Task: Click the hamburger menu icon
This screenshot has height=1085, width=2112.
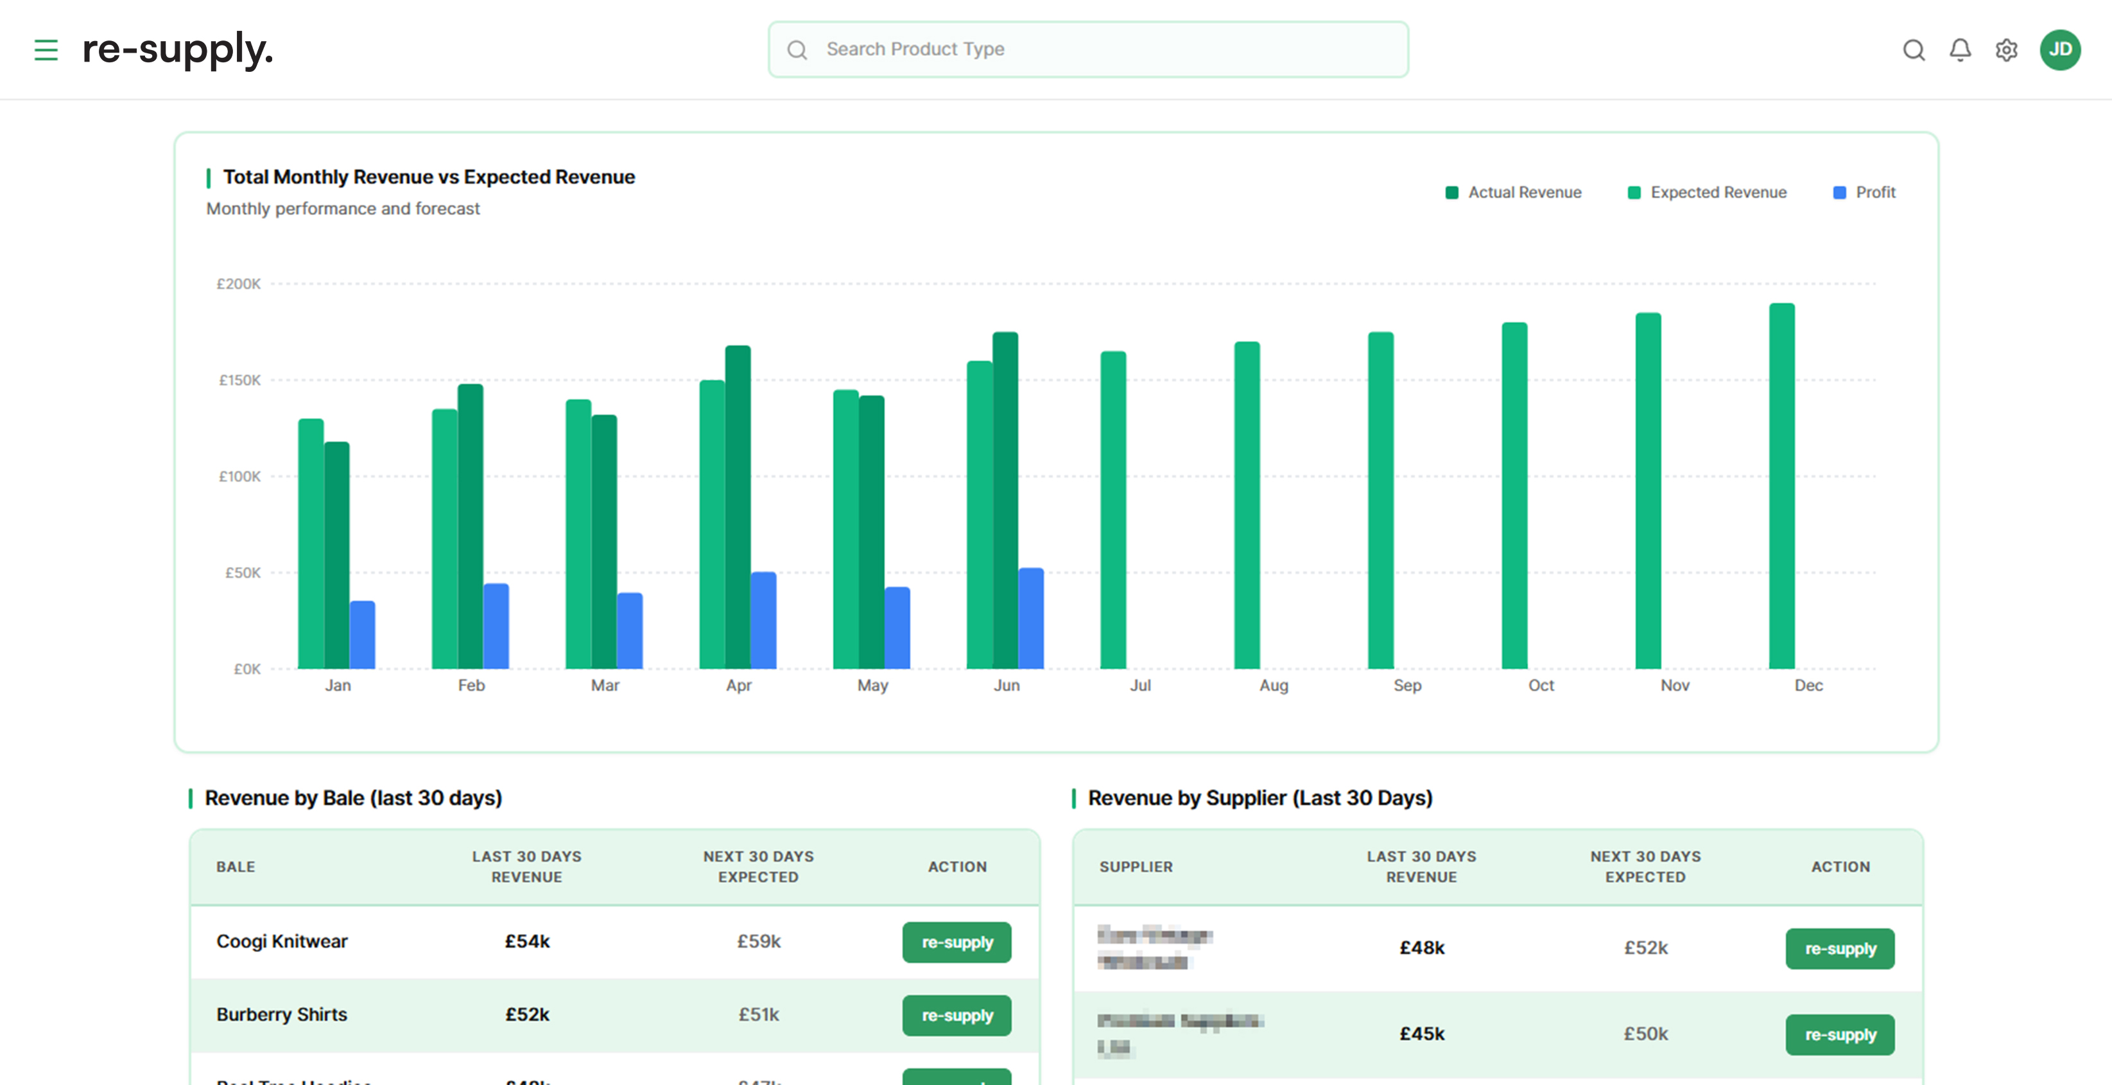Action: (46, 50)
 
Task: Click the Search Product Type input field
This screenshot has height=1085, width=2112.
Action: (1087, 50)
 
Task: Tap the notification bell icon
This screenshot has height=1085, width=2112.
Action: (1959, 50)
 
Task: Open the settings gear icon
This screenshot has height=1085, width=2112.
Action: (2005, 50)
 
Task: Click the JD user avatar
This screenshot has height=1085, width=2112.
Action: (2059, 50)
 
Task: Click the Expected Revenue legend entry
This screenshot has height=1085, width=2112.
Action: (1707, 193)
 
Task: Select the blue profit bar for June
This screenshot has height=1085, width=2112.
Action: (1030, 618)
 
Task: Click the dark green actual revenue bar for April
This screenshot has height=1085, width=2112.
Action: (737, 507)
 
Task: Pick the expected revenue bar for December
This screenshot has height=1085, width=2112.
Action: (1781, 485)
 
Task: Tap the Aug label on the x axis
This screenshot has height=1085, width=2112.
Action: (1273, 686)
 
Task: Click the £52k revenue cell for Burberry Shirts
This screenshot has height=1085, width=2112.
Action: (527, 1014)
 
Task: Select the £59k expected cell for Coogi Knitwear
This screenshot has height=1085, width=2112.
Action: (758, 941)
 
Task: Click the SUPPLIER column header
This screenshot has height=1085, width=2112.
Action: (1136, 867)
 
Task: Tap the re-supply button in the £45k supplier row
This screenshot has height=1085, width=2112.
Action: (1839, 1035)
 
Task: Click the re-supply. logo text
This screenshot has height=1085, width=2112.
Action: (177, 50)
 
